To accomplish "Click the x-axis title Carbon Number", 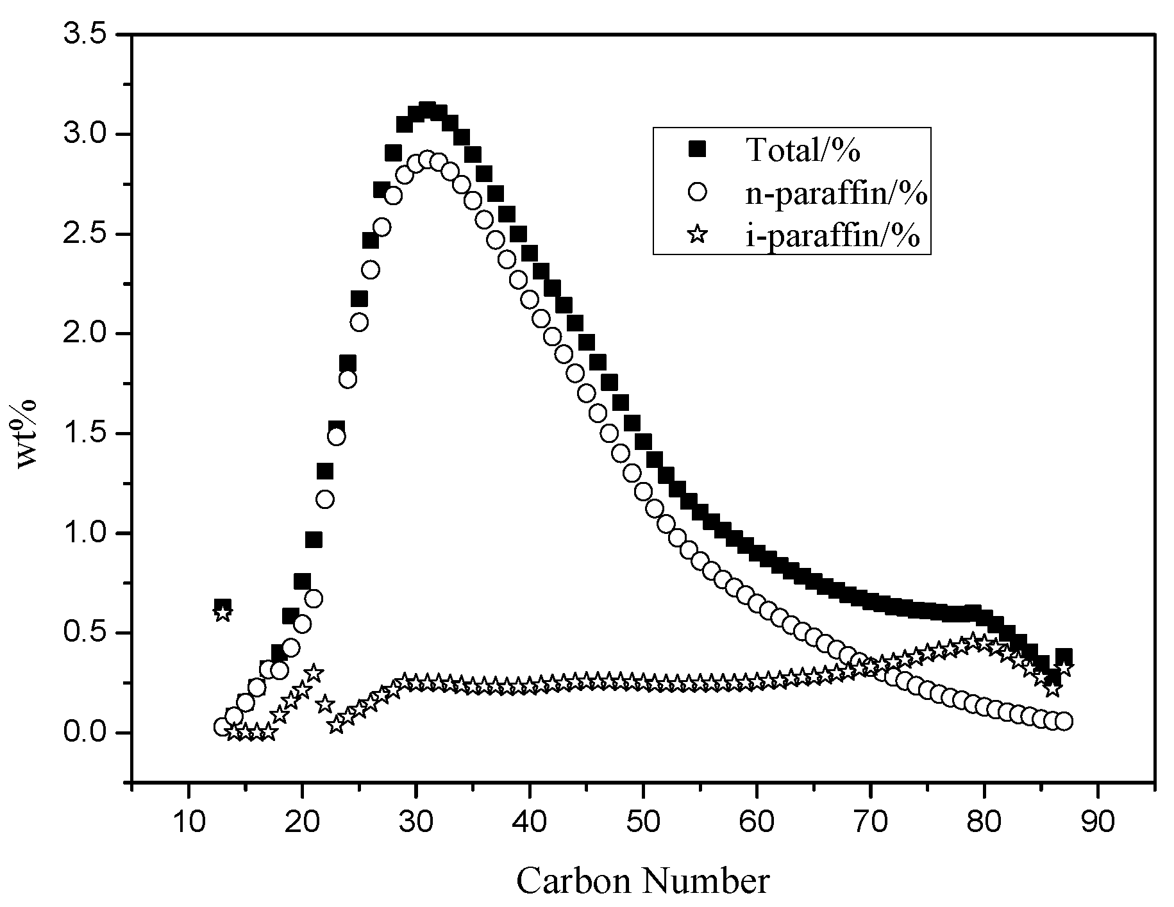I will [x=642, y=881].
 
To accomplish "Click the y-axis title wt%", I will [x=26, y=434].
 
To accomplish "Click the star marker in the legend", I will [x=697, y=235].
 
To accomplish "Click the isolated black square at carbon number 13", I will [x=222, y=606].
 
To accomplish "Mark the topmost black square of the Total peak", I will [x=427, y=110].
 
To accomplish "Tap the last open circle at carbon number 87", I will [x=1064, y=721].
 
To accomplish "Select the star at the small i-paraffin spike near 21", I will [x=314, y=673].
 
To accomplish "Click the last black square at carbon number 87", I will [x=1064, y=656].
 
